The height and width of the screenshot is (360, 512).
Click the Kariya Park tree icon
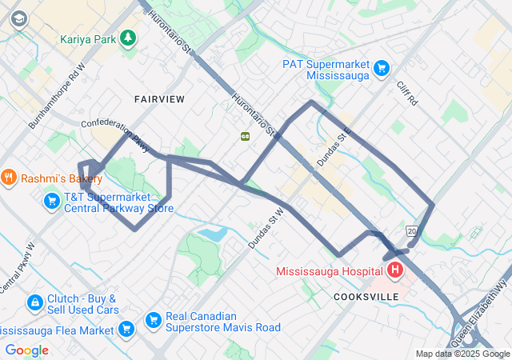point(127,38)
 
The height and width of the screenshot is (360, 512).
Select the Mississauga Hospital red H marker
point(395,271)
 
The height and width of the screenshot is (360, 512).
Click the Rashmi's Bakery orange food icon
point(9,177)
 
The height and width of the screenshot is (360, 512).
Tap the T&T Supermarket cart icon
point(52,200)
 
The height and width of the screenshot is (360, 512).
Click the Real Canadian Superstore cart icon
point(153,320)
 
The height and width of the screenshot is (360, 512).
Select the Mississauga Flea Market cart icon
point(126,328)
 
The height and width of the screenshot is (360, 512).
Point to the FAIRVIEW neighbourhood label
point(159,99)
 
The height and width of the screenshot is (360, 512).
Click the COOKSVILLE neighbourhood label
point(366,296)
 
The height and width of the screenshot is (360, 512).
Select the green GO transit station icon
point(246,136)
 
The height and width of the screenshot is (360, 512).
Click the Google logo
point(26,350)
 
